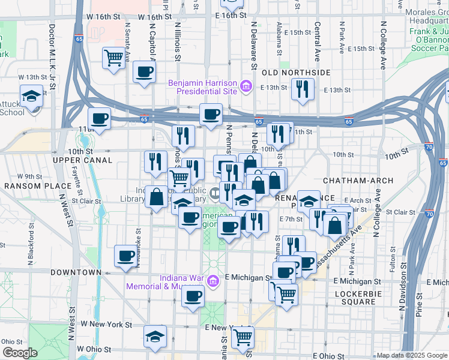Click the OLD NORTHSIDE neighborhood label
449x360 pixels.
tap(296, 72)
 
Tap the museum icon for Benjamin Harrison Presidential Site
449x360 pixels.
tap(246, 87)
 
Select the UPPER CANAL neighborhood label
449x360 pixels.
tap(82, 160)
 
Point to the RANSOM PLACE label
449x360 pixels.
tap(30, 186)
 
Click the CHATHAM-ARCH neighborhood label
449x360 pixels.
tap(358, 181)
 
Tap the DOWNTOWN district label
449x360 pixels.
tap(76, 272)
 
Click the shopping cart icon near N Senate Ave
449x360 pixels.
tap(113, 58)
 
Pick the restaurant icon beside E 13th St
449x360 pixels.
tap(303, 89)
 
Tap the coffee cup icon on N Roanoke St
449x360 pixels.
tap(125, 256)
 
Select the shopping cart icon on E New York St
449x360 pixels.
tap(243, 337)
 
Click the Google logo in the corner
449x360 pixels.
tap(19, 353)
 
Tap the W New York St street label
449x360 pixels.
tap(106, 324)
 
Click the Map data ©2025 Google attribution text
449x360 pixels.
tap(411, 355)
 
